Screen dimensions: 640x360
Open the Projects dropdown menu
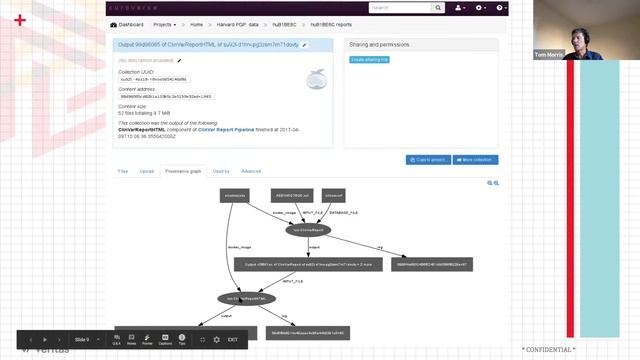click(162, 24)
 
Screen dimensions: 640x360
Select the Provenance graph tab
click(183, 171)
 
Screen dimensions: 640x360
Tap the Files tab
click(123, 171)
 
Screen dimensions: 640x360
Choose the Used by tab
click(221, 171)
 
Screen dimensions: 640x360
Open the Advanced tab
click(251, 171)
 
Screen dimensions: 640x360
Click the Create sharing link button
click(370, 60)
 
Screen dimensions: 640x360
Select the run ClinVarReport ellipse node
click(307, 229)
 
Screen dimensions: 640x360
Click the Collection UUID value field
click(147, 78)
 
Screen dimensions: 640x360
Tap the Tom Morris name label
click(549, 55)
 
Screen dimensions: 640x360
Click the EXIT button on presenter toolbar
click(232, 340)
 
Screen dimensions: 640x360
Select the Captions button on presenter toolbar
click(165, 340)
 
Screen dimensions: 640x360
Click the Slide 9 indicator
click(82, 340)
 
